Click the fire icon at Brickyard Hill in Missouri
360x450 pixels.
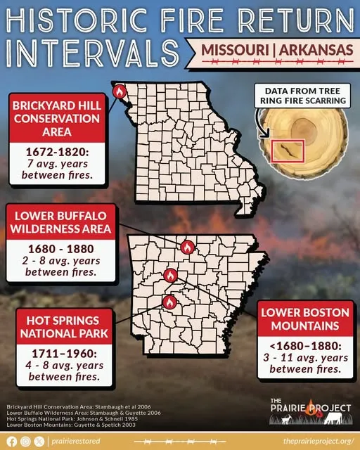[119, 91]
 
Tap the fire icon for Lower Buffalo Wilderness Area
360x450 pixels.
[187, 247]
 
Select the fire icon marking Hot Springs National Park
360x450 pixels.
[169, 302]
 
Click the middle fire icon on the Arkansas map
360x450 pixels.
[169, 275]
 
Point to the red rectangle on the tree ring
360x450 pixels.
[286, 151]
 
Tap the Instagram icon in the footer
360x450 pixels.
[25, 442]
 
